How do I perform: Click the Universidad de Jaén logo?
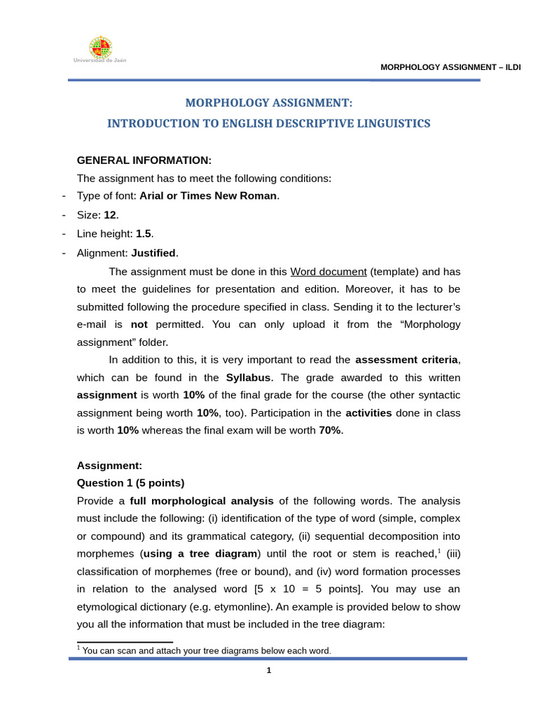point(100,49)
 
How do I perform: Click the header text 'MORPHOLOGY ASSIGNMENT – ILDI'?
point(450,67)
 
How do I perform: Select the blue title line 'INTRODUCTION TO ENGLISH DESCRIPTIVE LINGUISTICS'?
point(268,123)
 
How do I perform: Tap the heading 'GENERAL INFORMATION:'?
point(144,160)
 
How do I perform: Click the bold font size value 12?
point(110,214)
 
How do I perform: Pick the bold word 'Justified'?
point(154,252)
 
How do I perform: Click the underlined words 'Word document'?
point(329,271)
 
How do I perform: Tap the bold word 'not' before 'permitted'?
point(139,324)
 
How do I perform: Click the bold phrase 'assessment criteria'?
point(406,360)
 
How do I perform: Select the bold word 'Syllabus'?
point(248,377)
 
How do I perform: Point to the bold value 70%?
point(331,430)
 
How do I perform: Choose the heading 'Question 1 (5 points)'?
point(130,482)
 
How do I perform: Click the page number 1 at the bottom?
point(268,671)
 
